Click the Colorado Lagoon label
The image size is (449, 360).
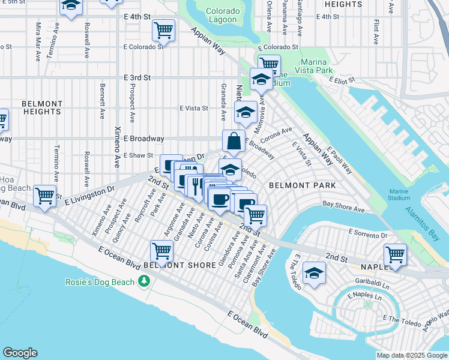point(223,16)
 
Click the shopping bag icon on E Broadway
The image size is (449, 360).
point(234,142)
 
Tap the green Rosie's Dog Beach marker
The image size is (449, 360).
point(143,281)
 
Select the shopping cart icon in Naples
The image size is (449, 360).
point(395,254)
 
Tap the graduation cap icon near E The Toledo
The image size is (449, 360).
point(314,272)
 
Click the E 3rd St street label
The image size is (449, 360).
point(137,78)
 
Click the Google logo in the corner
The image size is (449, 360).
point(20,352)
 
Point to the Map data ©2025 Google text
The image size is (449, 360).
point(412,355)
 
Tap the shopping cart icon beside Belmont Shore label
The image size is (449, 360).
point(161,250)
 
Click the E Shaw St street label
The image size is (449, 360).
point(139,155)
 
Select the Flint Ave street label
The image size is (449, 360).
point(376,32)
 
